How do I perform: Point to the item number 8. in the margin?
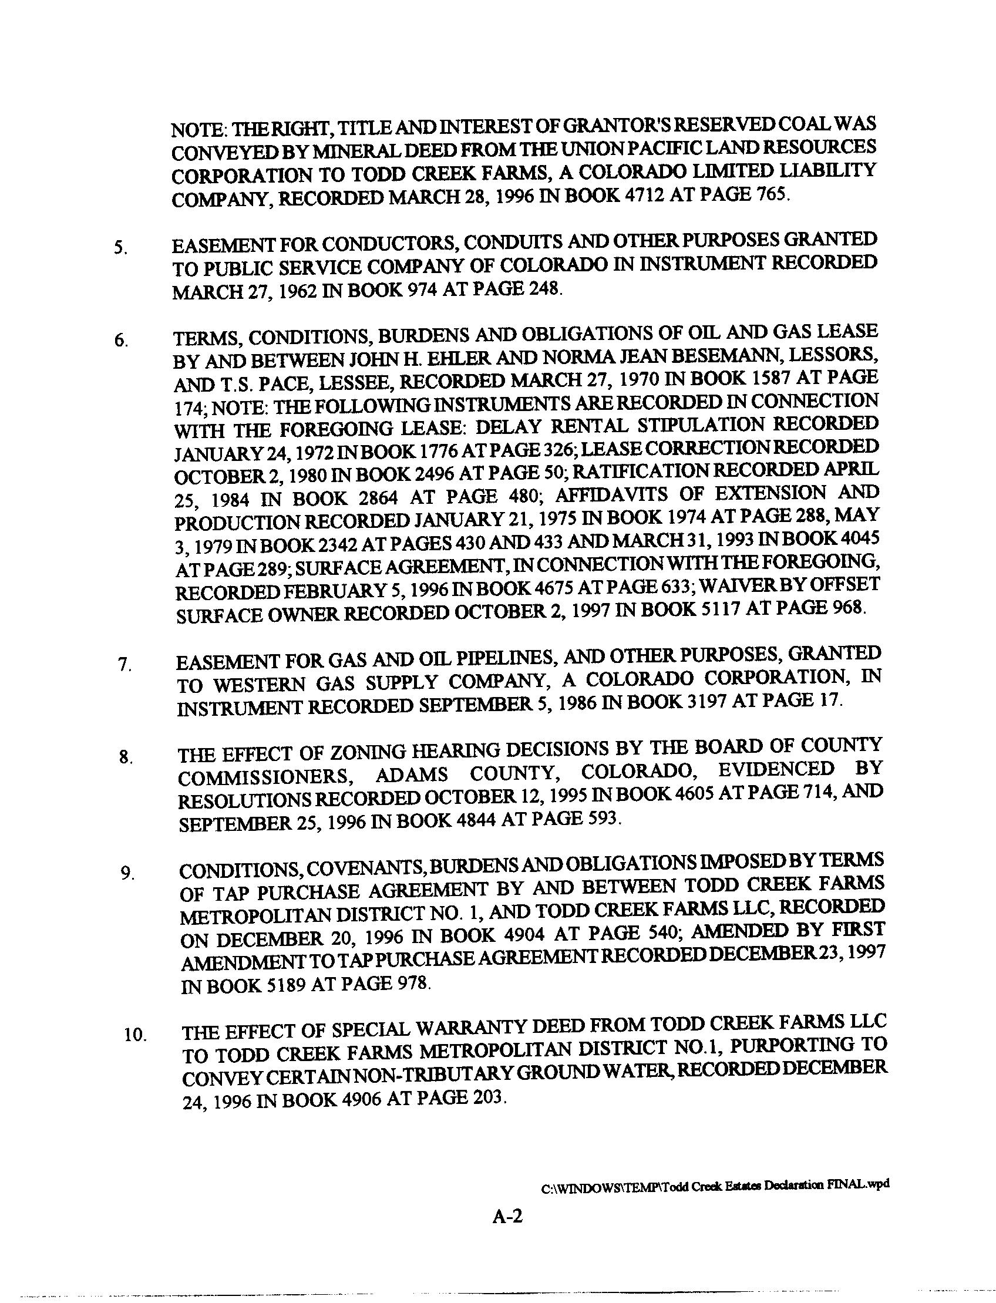(x=125, y=757)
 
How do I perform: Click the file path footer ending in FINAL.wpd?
(x=715, y=1184)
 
